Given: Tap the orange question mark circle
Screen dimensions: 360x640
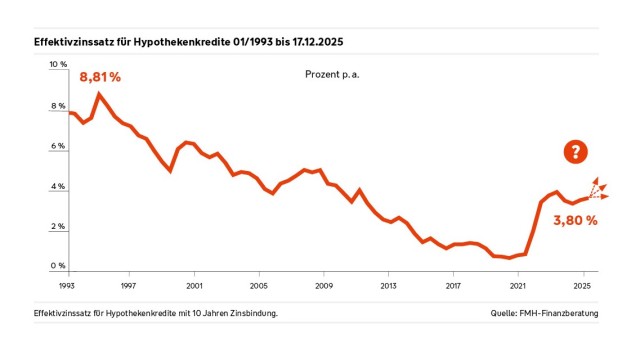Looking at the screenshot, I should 575,152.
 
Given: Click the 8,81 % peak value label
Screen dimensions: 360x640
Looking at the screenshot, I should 100,77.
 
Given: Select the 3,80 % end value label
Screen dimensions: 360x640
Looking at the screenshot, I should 574,220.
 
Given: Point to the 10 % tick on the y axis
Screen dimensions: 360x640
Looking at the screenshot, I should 57,64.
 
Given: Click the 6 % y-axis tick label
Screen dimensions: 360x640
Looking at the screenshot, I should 57,146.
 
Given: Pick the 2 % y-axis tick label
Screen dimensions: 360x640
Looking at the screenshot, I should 57,227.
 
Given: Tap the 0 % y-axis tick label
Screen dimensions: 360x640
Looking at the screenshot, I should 57,266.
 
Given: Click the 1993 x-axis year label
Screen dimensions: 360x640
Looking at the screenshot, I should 65,285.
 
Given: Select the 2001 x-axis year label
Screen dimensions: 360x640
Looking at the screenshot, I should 194,285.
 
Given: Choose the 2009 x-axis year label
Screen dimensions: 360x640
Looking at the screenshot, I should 324,285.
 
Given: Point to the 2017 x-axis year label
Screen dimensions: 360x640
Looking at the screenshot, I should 454,285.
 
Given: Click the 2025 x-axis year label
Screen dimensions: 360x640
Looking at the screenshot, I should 583,285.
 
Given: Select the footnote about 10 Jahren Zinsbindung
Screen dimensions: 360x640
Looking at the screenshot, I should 155,313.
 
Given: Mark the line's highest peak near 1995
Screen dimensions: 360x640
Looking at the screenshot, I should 98,94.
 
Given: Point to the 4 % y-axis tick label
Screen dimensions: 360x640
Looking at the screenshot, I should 57,187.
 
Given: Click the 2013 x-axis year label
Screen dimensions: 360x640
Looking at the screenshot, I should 389,285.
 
